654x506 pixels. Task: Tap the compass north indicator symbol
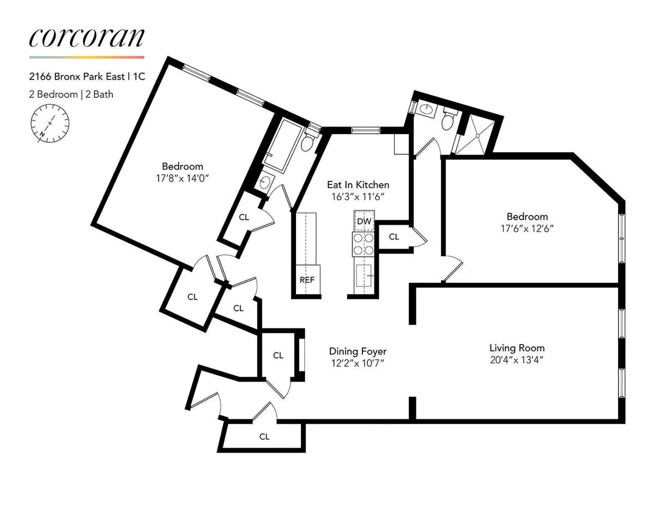pyautogui.click(x=49, y=124)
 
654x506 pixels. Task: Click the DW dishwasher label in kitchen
pyautogui.click(x=364, y=221)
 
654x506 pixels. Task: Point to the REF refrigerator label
pyautogui.click(x=307, y=280)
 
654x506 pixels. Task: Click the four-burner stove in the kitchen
pyautogui.click(x=364, y=244)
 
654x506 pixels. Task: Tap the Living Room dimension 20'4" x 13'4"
pyautogui.click(x=516, y=360)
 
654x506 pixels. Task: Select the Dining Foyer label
pyautogui.click(x=358, y=351)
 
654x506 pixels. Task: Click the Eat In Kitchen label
pyautogui.click(x=358, y=185)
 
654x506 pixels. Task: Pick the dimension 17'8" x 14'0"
pyautogui.click(x=182, y=178)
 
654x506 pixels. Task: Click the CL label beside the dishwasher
pyautogui.click(x=394, y=237)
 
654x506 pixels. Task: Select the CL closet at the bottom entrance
pyautogui.click(x=264, y=436)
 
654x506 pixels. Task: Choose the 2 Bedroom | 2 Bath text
pyautogui.click(x=71, y=94)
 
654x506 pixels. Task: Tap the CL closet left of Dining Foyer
pyautogui.click(x=278, y=356)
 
